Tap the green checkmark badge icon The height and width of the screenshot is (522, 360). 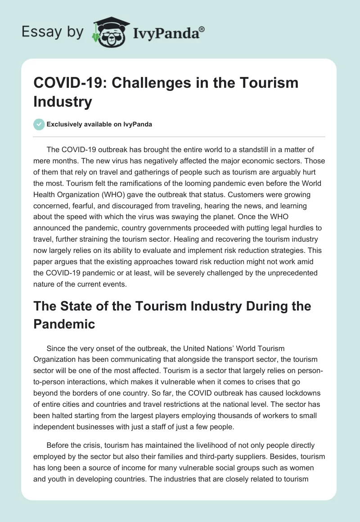39,124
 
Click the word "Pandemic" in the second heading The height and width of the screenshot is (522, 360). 64,323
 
